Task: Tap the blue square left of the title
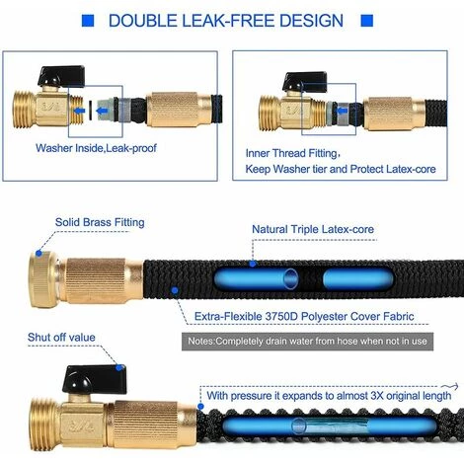pos(88,21)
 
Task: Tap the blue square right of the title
pos(367,21)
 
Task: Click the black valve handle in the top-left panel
pos(61,76)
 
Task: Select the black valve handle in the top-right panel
pos(305,81)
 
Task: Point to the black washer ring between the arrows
pos(90,111)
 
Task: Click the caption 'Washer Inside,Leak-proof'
pos(96,148)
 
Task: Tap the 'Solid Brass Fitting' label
pos(100,222)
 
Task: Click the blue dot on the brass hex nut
pos(39,253)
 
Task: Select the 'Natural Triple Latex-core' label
pos(313,229)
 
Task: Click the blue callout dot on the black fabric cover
pos(175,290)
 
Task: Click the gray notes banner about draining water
pos(307,342)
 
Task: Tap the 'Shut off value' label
pos(61,338)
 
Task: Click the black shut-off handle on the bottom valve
pos(95,379)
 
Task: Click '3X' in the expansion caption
pos(377,395)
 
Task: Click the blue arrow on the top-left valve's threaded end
pos(79,111)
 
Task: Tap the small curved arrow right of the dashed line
pos(450,386)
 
